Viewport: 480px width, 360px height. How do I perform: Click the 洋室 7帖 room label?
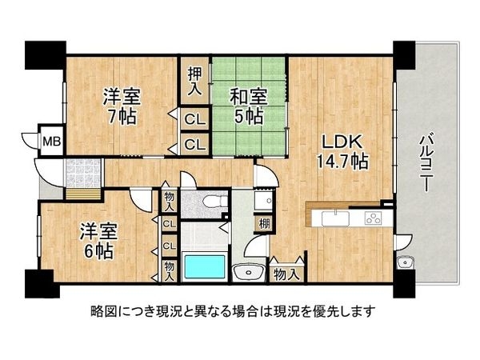click(122, 106)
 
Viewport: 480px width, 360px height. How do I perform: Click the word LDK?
click(340, 142)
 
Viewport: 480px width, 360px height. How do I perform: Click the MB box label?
click(51, 142)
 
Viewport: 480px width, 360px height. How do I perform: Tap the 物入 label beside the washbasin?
click(286, 274)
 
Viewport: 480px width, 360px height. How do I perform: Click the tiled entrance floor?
click(82, 170)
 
